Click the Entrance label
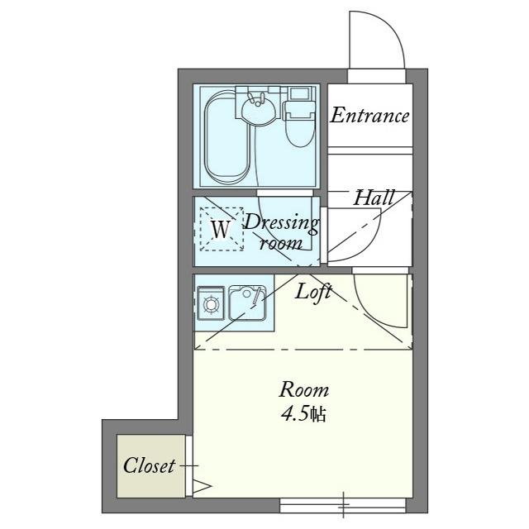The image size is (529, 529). pos(369,116)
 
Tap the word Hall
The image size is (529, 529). pos(374,198)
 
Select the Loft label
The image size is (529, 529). pos(313,292)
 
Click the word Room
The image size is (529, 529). pos(303,389)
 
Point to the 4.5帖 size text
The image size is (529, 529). pos(303,414)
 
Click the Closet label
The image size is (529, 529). pos(149,466)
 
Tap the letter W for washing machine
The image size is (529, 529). pos(221,229)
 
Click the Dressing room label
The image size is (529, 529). pos(281,232)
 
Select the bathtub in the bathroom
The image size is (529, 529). pos(227,136)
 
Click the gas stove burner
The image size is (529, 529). pos(211,304)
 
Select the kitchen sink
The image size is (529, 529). pos(247,303)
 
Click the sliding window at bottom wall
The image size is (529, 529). pos(343,505)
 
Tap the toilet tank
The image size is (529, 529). pos(299,93)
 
